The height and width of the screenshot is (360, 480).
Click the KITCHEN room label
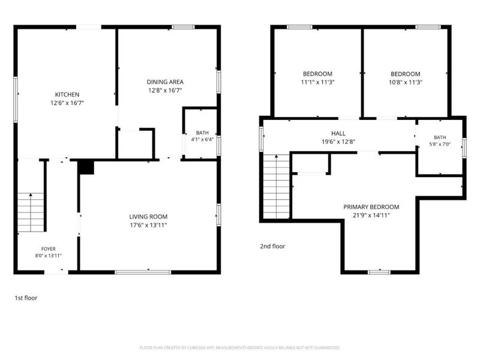(x=67, y=95)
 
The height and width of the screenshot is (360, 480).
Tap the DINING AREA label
(x=165, y=82)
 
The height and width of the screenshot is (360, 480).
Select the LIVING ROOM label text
(x=148, y=217)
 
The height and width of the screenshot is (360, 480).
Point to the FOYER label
(x=49, y=249)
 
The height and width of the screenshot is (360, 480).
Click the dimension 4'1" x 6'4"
(x=202, y=139)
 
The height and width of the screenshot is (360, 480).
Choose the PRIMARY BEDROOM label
(x=371, y=207)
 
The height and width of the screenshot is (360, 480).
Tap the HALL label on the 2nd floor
(x=338, y=133)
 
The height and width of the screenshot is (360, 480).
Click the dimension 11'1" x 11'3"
(x=318, y=82)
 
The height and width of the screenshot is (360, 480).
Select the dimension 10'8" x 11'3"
(x=406, y=82)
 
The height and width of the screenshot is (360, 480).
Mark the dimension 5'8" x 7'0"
(x=440, y=144)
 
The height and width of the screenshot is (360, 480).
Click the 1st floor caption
(x=26, y=298)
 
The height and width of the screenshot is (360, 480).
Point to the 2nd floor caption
(x=272, y=247)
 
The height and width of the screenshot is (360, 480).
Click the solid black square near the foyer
(x=86, y=167)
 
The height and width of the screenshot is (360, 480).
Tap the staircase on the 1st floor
(x=31, y=212)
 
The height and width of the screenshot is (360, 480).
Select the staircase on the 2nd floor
(x=277, y=187)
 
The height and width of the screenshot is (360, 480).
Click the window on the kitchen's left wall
(x=16, y=100)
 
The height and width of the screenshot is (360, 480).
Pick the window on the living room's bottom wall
(x=143, y=272)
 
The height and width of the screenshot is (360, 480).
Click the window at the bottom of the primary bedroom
(x=379, y=272)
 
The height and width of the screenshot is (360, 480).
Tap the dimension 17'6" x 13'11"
(x=148, y=226)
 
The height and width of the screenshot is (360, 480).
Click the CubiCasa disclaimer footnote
(x=239, y=348)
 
